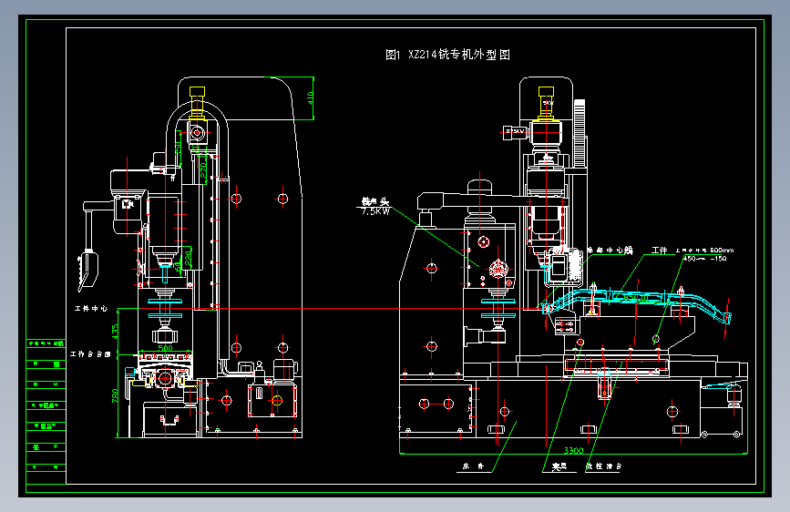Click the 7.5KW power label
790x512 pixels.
click(375, 210)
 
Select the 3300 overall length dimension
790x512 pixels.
click(573, 450)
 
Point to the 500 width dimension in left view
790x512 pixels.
click(165, 347)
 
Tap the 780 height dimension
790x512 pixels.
click(115, 398)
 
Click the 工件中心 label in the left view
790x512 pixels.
click(90, 309)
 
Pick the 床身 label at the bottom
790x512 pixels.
click(470, 468)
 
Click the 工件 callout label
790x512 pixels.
click(659, 249)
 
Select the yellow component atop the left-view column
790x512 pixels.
click(196, 92)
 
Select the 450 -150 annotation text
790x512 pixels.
click(705, 258)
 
